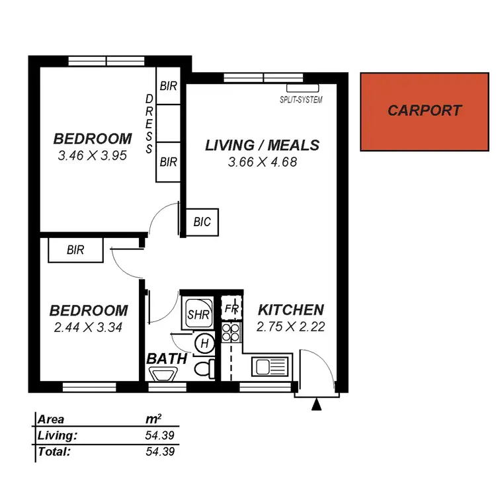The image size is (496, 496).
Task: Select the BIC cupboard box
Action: [x=202, y=222]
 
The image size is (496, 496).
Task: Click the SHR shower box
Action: [x=198, y=313]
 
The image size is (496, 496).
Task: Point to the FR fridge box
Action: [x=231, y=309]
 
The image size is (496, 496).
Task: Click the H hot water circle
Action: [x=204, y=343]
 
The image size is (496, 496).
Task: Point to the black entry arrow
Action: [x=317, y=404]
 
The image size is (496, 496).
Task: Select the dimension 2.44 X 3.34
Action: [x=89, y=326]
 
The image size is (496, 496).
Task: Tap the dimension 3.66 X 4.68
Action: [x=262, y=161]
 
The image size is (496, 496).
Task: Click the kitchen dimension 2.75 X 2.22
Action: [x=290, y=326]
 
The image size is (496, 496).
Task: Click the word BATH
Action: [x=167, y=359]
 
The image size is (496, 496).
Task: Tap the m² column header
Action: [x=153, y=419]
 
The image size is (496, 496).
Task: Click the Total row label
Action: [x=54, y=452]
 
